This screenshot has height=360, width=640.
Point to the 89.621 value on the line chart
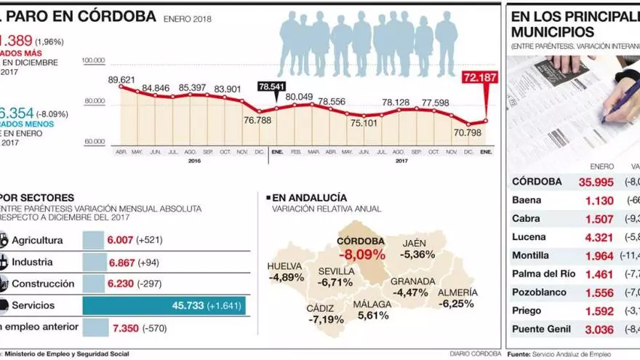[122, 79]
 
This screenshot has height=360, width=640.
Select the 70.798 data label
[468, 132]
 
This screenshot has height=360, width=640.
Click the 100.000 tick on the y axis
[94, 60]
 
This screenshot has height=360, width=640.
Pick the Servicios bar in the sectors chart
[164, 306]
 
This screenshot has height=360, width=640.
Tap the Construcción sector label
[43, 284]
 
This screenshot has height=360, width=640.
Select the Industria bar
[94, 262]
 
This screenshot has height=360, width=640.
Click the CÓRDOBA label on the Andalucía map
[361, 241]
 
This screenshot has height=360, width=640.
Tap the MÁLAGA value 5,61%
[372, 315]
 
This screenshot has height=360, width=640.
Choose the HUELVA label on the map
[284, 265]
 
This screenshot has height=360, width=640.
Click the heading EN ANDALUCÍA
[308, 197]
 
